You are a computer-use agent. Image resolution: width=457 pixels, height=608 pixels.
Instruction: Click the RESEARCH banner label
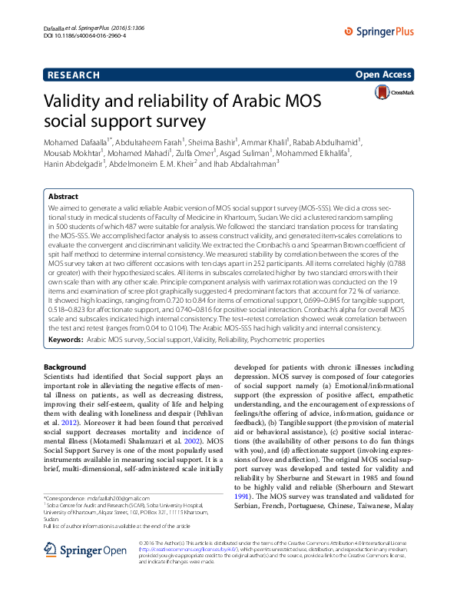tap(73, 75)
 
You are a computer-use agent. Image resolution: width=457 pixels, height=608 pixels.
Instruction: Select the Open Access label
tap(384, 75)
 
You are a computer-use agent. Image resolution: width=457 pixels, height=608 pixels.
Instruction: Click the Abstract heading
tap(63, 197)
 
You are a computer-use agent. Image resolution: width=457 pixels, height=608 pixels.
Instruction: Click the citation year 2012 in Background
tap(69, 423)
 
